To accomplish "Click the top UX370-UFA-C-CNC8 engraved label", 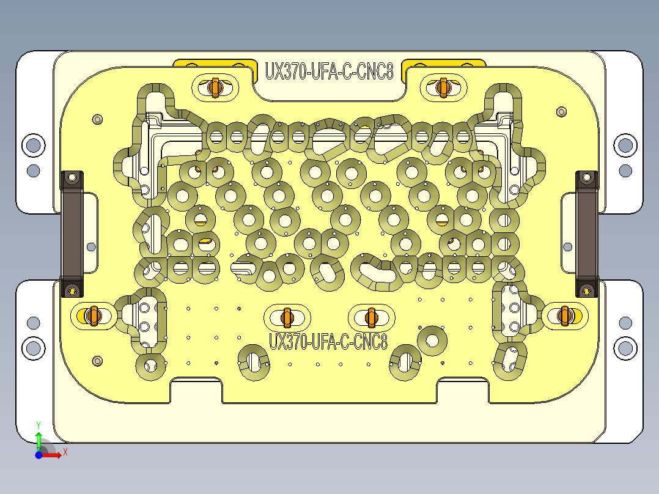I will tap(328, 71).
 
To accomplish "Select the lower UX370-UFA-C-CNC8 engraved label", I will tap(328, 341).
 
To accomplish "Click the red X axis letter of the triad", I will tap(65, 452).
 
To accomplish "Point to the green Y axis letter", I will tap(39, 424).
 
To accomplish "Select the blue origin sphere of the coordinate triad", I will tap(39, 455).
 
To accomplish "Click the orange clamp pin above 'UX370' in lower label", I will tap(287, 317).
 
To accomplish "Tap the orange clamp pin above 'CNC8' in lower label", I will tap(370, 317).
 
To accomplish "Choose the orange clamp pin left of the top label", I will tap(214, 87).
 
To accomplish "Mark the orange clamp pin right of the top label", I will tap(443, 87).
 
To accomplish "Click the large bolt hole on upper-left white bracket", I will tap(33, 146).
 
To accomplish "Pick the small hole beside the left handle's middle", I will tap(91, 247).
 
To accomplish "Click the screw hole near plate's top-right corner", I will tap(562, 112).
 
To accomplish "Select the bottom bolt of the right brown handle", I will tap(587, 289).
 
